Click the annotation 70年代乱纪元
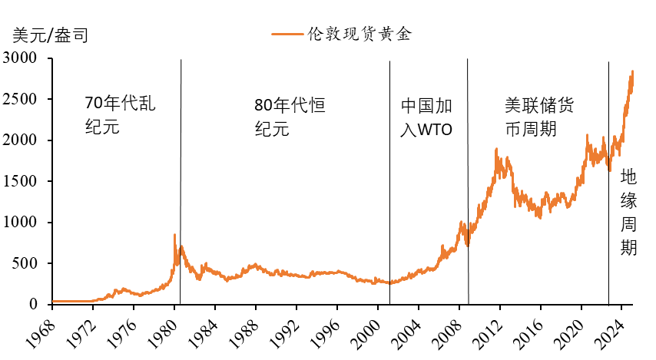(x=119, y=116)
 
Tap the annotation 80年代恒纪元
(x=290, y=116)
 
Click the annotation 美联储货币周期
(x=538, y=116)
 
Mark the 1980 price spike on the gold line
(x=174, y=235)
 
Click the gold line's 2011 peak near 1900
(x=498, y=150)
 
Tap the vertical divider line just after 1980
(x=181, y=184)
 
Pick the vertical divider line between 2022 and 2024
(x=608, y=184)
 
